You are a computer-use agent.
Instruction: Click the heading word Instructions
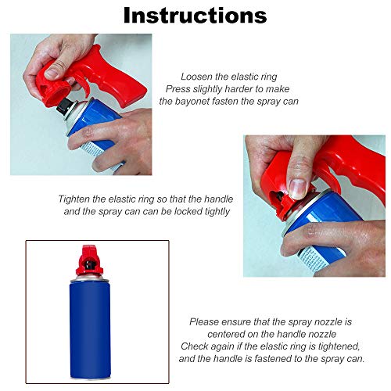pyautogui.click(x=195, y=15)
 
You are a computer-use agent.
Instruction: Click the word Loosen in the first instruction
pyautogui.click(x=199, y=77)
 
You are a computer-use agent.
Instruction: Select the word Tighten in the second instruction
pyautogui.click(x=77, y=199)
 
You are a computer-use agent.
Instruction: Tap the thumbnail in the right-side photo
pyautogui.click(x=298, y=187)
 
